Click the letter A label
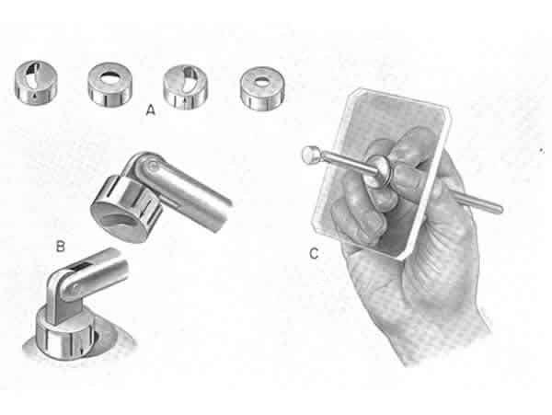coord(150,110)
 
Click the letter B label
coord(61,247)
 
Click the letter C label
coord(314,254)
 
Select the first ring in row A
coord(36,82)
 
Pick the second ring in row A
coord(110,84)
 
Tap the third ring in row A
coord(186,86)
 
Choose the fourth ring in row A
coord(262,88)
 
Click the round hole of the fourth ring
coord(261,81)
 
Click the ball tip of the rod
coord(311,155)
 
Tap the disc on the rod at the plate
coord(379,171)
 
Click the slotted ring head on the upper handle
coord(128,208)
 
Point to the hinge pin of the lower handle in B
coord(75,290)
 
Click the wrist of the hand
coord(447,338)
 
